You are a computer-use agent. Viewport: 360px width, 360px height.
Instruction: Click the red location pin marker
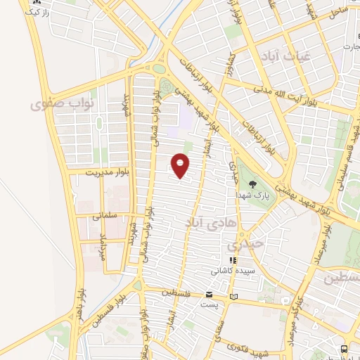pos(181,165)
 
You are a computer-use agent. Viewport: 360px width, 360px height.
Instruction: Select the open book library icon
pos(233,296)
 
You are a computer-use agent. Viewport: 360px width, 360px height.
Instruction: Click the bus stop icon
pos(343,349)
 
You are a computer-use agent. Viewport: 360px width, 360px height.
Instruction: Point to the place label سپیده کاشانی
pos(234,271)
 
